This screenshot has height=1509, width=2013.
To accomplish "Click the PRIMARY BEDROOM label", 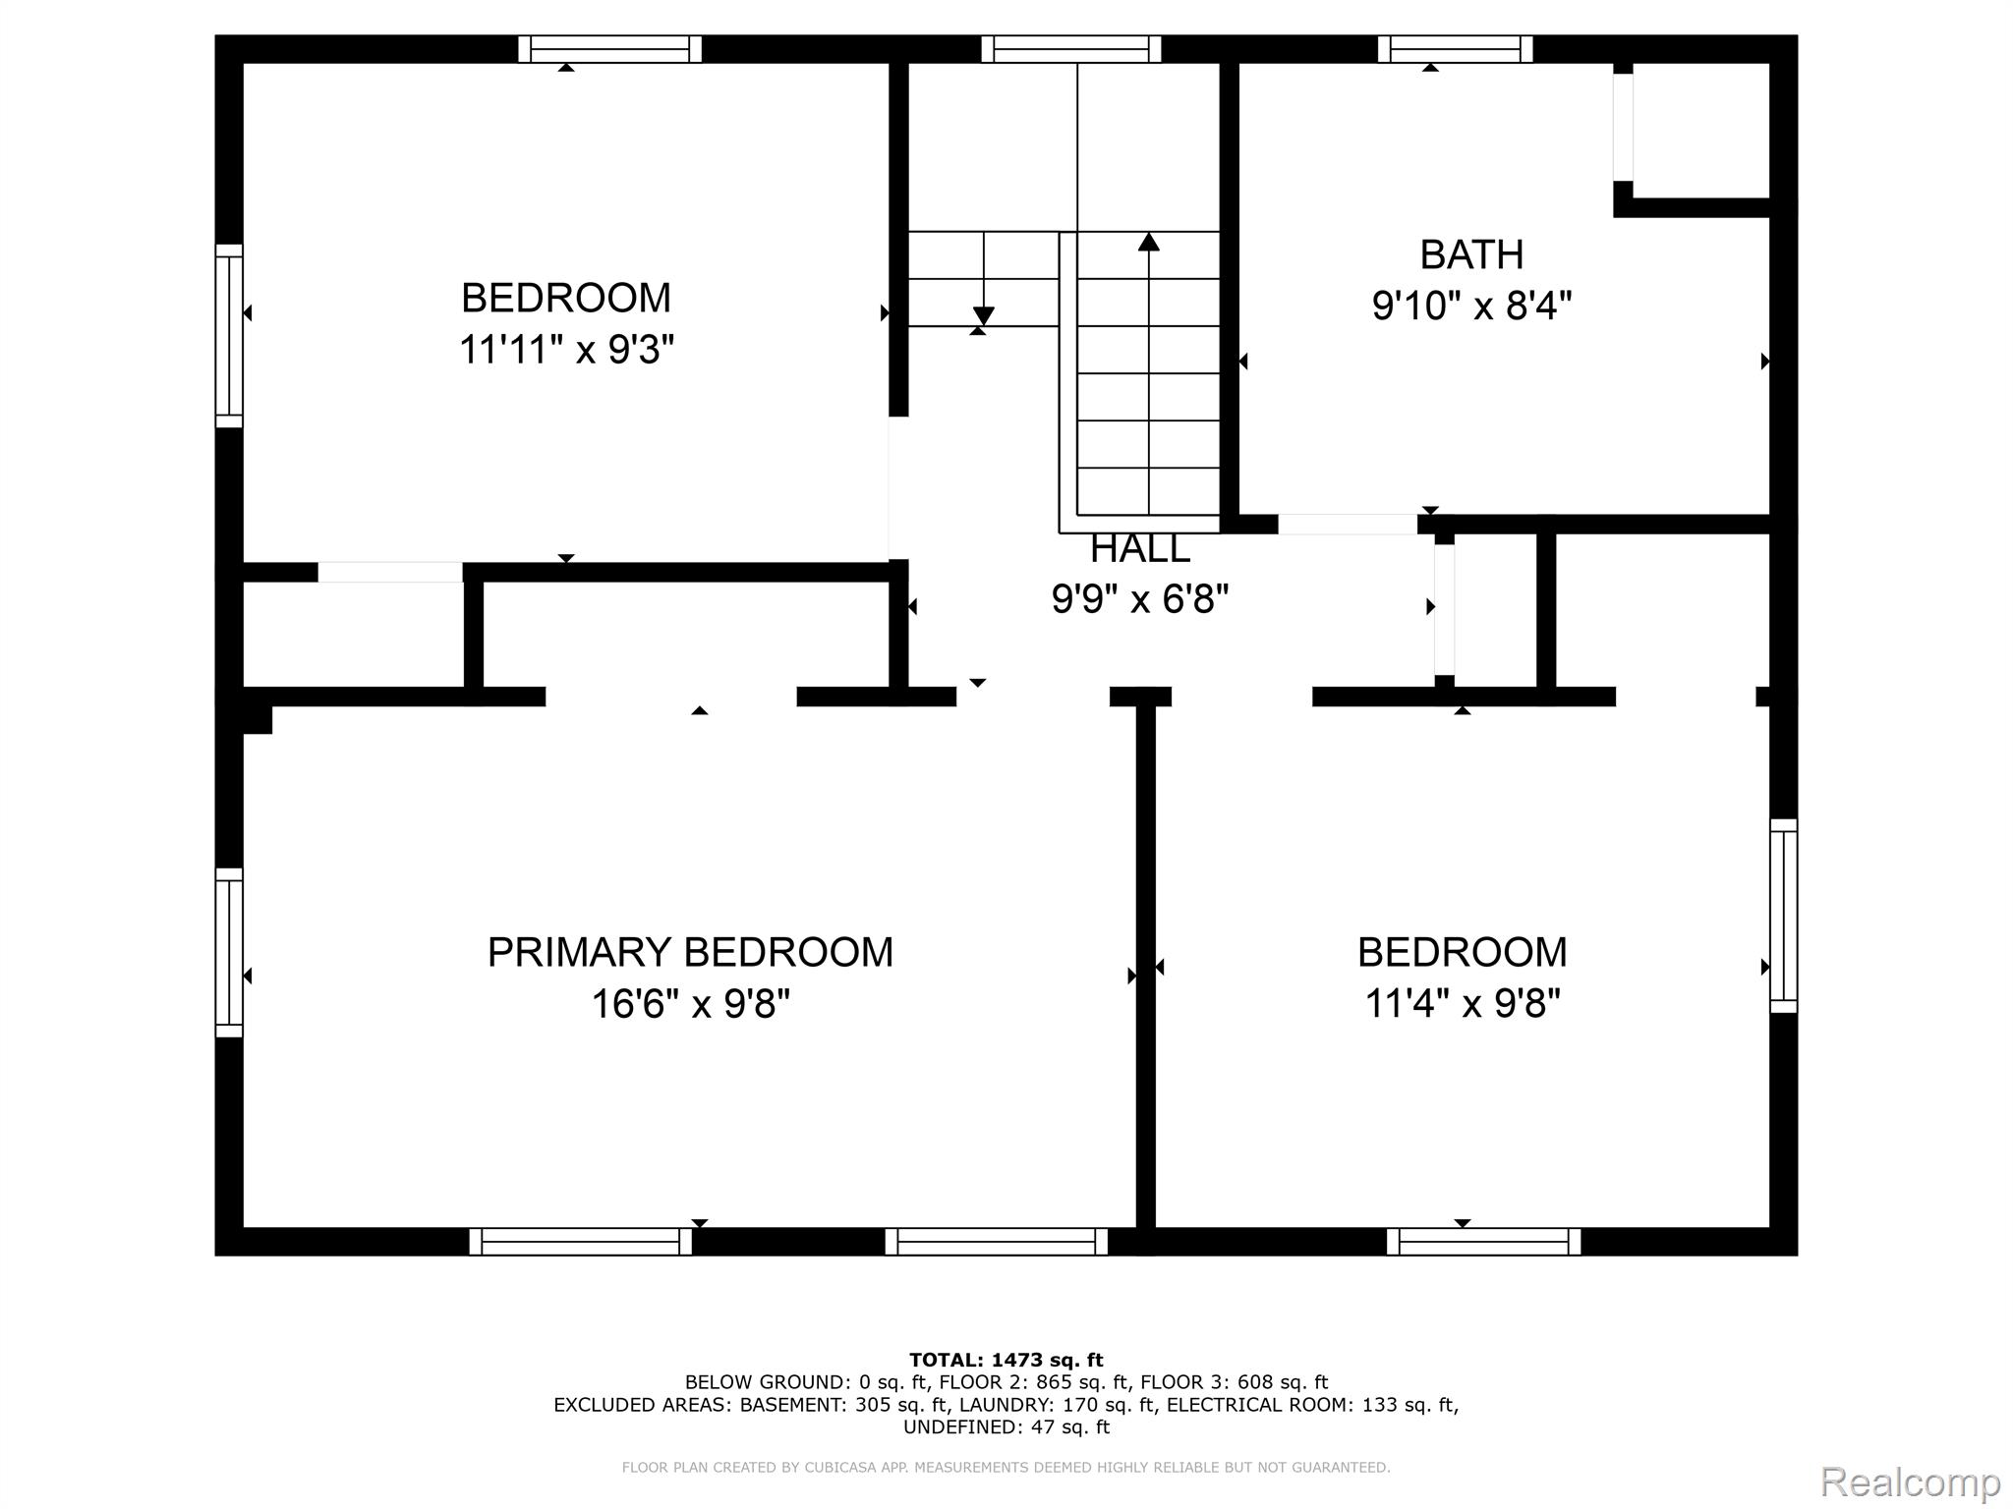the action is tap(690, 952).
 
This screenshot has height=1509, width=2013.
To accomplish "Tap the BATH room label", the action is tap(1471, 254).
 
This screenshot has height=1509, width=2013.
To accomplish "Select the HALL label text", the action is tap(1140, 549).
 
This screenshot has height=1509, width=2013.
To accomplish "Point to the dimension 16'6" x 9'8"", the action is tap(690, 1004).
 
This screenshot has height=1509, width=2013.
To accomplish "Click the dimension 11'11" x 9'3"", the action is tap(566, 349).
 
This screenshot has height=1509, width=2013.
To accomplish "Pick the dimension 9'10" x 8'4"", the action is tap(1471, 306).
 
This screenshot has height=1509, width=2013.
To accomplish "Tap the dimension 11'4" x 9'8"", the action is tap(1463, 1004).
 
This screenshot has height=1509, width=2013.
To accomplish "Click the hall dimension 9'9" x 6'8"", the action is tap(1140, 598).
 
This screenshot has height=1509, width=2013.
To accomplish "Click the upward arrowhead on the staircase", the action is tap(1149, 241).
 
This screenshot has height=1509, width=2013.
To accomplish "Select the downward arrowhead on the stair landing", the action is tap(983, 316).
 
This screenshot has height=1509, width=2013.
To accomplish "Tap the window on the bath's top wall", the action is tap(1455, 49).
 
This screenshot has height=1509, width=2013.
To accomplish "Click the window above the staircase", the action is tap(1071, 49).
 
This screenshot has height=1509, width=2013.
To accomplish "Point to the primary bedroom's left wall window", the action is tap(229, 952).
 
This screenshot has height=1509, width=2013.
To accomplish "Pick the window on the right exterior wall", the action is tap(1784, 916).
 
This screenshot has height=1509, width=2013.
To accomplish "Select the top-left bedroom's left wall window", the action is tap(229, 336).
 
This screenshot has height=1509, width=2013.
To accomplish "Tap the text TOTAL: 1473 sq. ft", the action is tap(1006, 1361).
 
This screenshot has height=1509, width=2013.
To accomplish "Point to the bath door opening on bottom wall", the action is tap(1348, 525).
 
